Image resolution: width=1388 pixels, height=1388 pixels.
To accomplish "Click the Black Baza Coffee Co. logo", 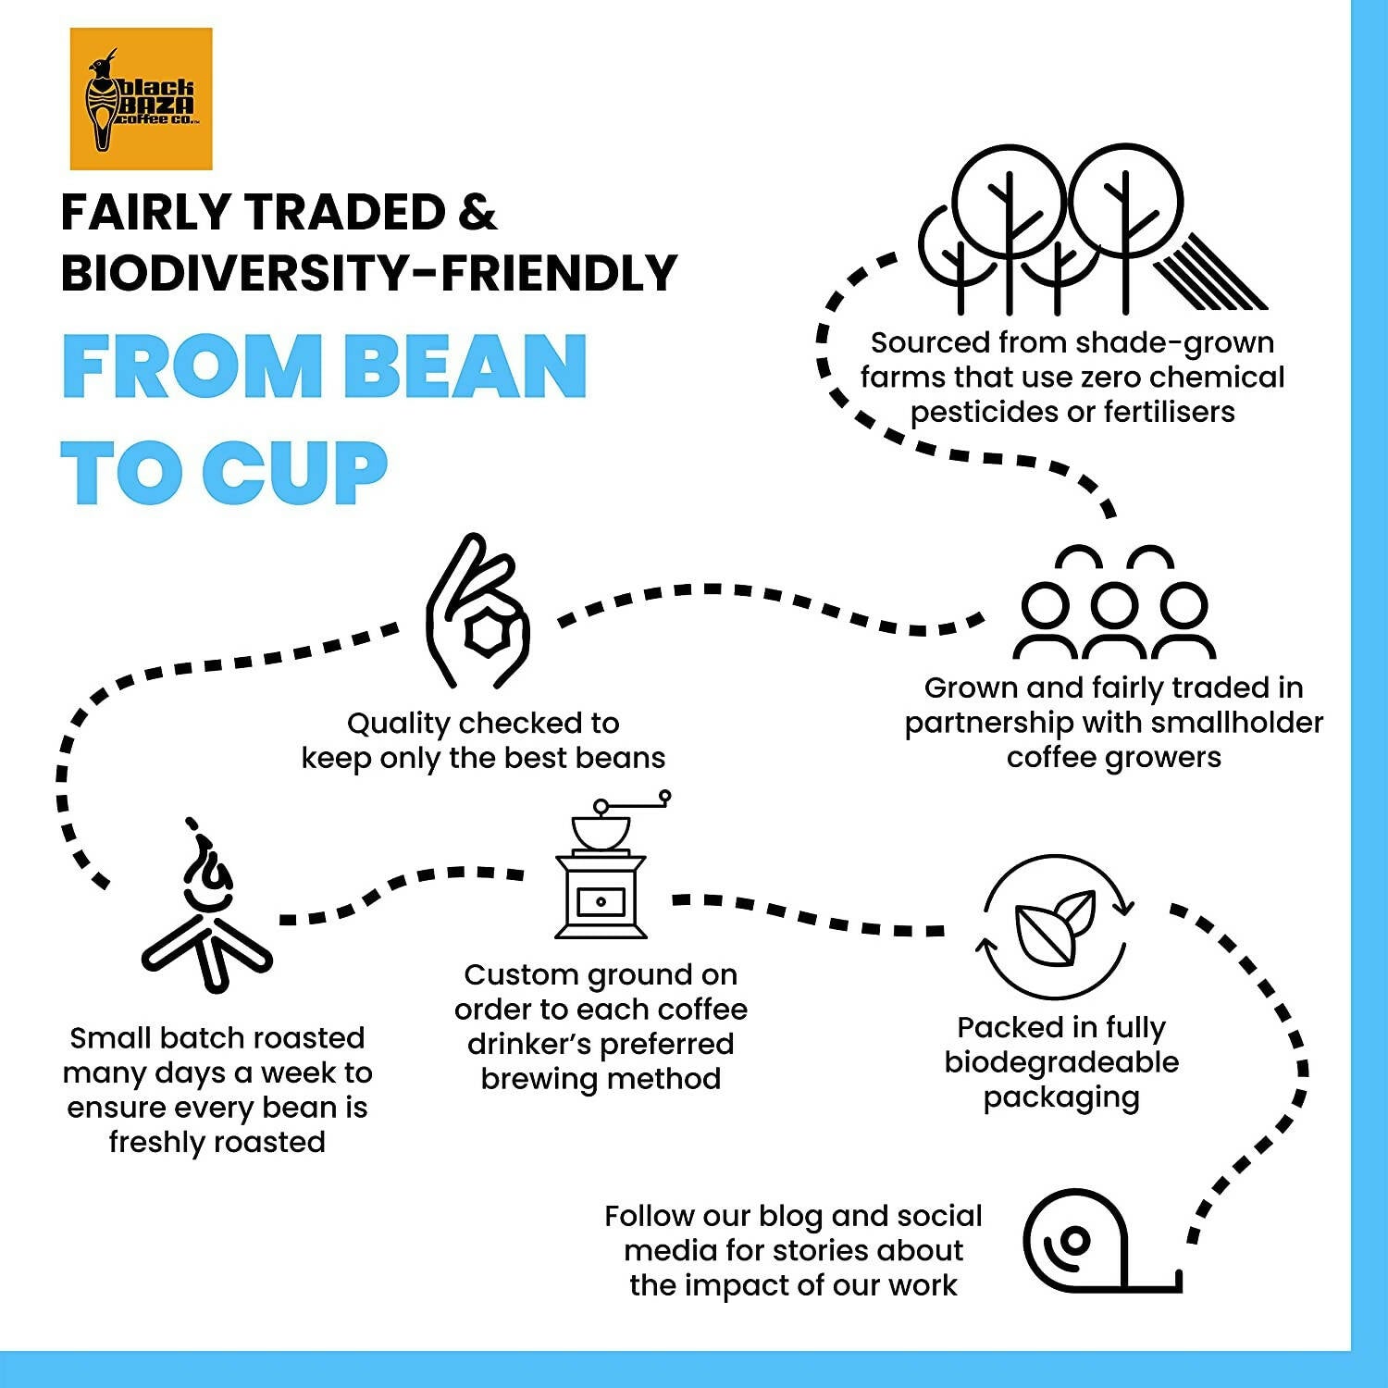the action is (141, 99).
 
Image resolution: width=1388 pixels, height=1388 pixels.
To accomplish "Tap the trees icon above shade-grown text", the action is (1092, 229).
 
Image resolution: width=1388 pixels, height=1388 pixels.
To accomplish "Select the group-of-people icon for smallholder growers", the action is (1114, 601).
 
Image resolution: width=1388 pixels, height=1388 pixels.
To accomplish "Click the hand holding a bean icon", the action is (477, 611).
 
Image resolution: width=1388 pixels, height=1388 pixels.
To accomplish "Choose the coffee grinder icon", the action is (612, 864).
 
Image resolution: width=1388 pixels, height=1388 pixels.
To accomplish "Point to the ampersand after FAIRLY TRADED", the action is (477, 212).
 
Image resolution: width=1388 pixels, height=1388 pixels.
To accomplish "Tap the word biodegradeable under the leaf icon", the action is (1061, 1063).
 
